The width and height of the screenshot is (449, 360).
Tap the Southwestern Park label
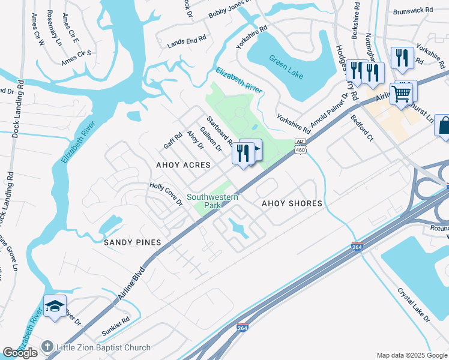[x=212, y=201]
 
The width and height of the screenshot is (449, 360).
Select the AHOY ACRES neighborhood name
[x=183, y=165]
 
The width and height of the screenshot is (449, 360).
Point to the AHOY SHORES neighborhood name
[x=292, y=203]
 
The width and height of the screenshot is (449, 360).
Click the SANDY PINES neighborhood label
[x=132, y=242]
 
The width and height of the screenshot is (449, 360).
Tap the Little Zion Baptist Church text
[x=103, y=347]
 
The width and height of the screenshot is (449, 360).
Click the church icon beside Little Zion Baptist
[x=48, y=347]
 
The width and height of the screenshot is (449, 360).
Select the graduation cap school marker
[x=55, y=307]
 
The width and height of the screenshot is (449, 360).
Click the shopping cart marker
[x=401, y=94]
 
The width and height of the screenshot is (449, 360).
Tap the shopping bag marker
[x=444, y=126]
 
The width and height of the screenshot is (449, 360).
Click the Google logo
[x=20, y=353]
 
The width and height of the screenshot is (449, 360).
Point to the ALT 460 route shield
[x=301, y=145]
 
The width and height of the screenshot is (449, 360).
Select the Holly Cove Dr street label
[x=166, y=194]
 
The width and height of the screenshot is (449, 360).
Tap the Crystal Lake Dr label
[x=414, y=305]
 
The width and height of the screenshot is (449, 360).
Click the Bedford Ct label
[x=362, y=128]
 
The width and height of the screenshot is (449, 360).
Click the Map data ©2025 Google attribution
[x=411, y=355]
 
